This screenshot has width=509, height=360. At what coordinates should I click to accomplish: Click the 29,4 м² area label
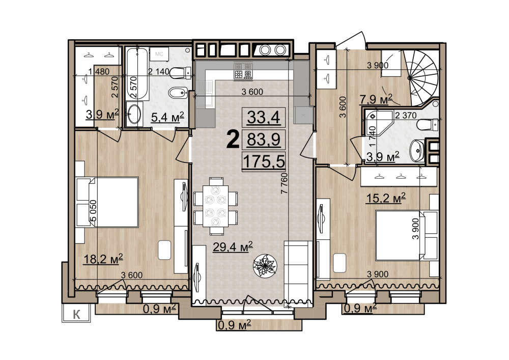coord(233,247)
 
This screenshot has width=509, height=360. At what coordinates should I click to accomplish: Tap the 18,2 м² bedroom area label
coord(103,259)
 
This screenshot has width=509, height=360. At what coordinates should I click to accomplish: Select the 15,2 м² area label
coord(386,198)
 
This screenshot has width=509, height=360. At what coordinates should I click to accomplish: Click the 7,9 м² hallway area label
coord(376,99)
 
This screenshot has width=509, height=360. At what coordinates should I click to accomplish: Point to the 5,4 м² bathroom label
coord(167,117)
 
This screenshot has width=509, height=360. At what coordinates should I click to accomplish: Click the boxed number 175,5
coord(264,161)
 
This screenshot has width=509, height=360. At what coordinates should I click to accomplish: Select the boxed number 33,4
coord(264,117)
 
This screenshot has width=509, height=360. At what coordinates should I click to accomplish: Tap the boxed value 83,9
coord(264,140)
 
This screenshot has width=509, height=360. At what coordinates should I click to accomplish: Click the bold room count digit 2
coord(233,139)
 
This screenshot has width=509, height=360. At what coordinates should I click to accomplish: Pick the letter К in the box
coord(77,314)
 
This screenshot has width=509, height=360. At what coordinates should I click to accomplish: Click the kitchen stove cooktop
coord(243,71)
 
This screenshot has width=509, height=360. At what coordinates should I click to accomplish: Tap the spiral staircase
coord(422,78)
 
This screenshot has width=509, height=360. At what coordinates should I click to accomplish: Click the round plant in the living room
coord(265,265)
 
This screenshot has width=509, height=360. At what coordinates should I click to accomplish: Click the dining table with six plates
coord(215,206)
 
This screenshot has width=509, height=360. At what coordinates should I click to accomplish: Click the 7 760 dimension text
coord(284,183)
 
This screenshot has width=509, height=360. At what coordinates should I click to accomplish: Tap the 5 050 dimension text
coord(93,211)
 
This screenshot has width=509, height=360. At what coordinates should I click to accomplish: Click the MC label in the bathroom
coord(159,54)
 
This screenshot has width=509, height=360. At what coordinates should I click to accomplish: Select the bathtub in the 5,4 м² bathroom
coord(137,74)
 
